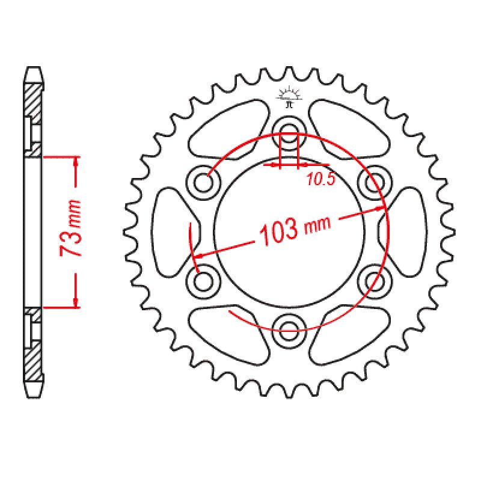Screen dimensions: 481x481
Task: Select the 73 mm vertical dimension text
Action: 72,228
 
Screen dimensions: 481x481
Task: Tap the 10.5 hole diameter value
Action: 319,178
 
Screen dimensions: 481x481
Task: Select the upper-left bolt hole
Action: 205,179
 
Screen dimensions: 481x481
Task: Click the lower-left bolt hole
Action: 205,277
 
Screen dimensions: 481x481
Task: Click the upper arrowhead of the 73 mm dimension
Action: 76,161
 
